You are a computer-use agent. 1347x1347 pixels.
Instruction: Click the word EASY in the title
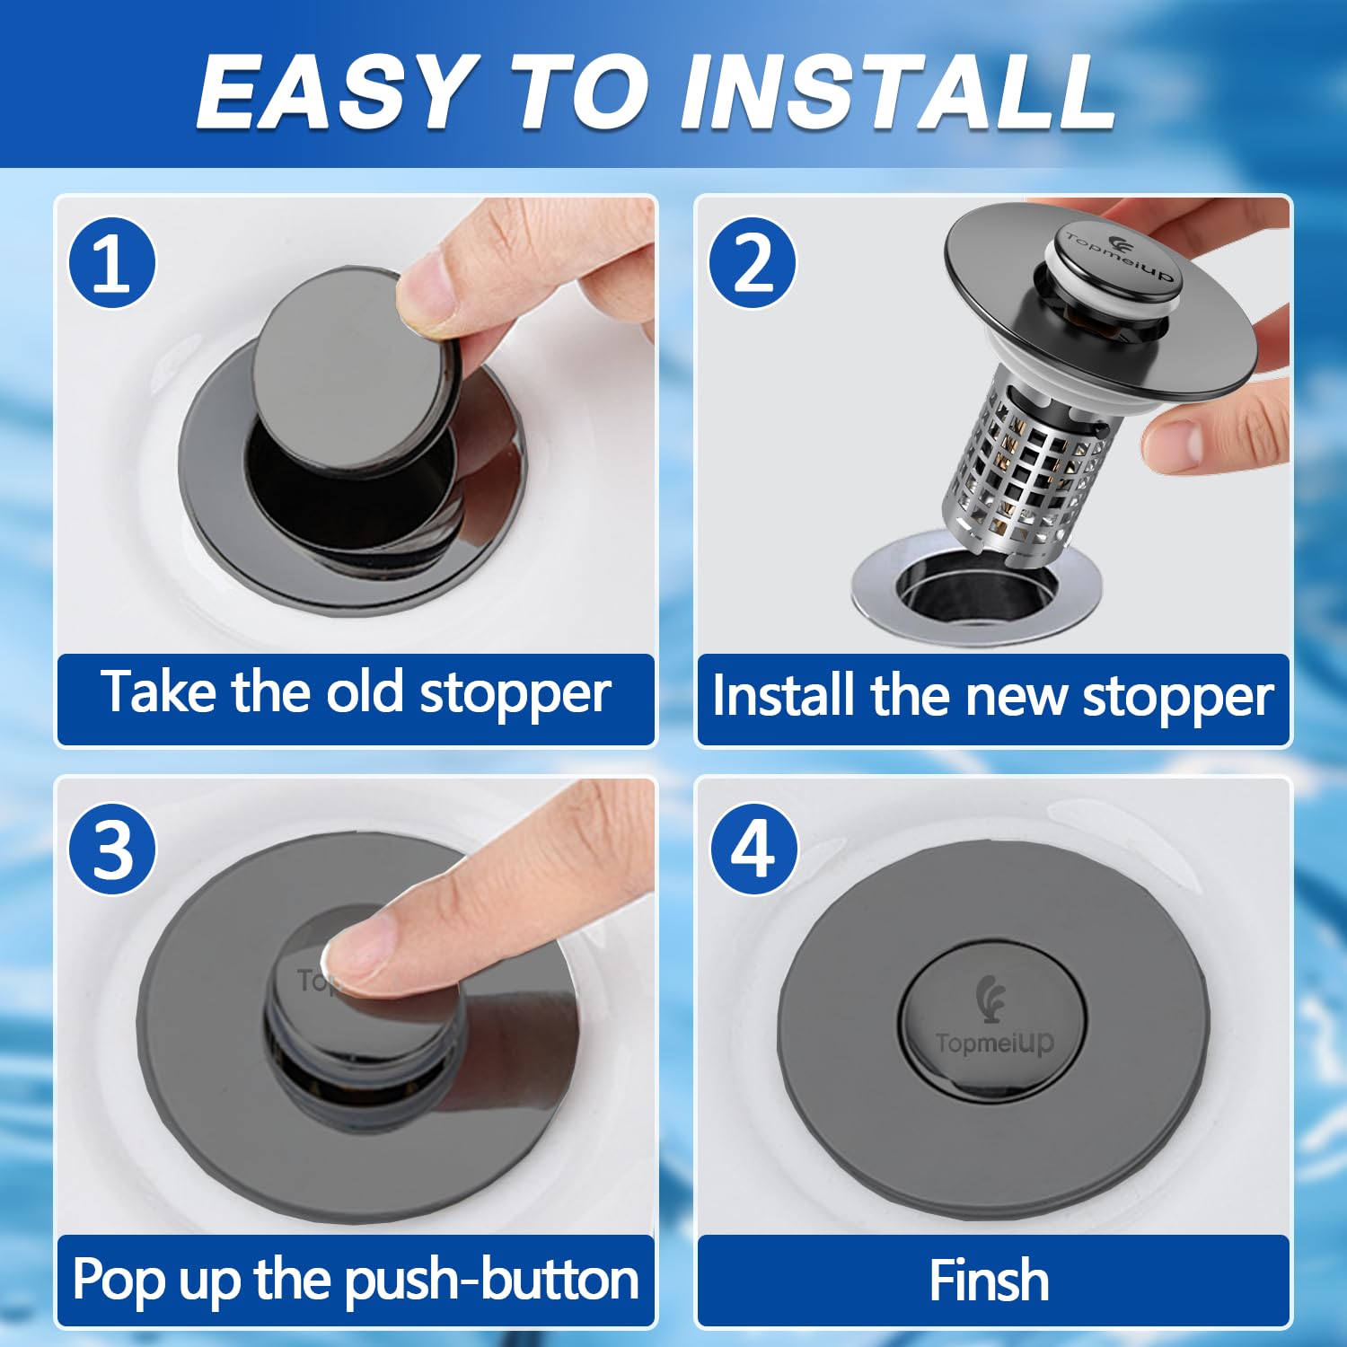334,92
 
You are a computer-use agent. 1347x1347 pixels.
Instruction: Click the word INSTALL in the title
897,92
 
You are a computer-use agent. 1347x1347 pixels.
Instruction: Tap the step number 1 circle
112,263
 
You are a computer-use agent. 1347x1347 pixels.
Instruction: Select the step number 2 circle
753,263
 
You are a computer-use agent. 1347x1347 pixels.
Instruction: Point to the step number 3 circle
112,849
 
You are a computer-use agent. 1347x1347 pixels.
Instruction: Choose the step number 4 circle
753,849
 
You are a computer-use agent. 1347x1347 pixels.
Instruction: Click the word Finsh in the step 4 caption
989,1280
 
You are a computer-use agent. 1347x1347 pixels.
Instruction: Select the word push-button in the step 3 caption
491,1281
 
